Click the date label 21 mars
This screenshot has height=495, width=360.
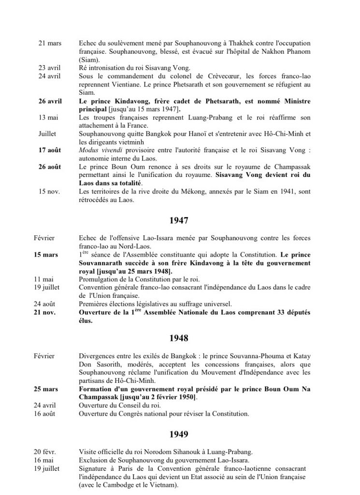(50, 44)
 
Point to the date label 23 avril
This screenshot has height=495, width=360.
(49, 68)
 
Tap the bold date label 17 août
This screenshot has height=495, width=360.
(49, 149)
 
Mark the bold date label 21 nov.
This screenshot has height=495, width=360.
(45, 312)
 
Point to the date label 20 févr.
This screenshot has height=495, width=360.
(46, 451)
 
